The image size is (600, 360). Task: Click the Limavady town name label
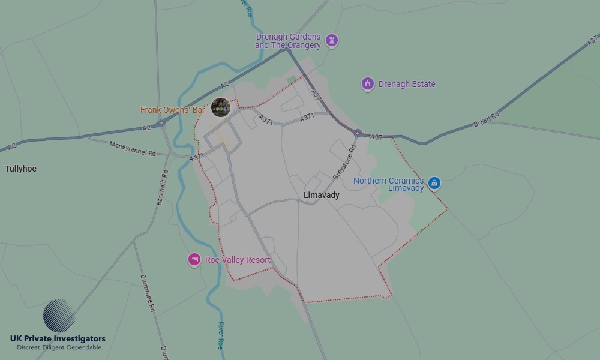point(321,195)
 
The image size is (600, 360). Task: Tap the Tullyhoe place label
point(20,169)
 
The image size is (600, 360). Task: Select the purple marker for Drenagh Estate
point(368,84)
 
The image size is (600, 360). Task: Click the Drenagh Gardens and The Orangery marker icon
point(331,41)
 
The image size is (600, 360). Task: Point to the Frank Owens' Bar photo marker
point(221,107)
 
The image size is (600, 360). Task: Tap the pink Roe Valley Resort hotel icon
point(194,260)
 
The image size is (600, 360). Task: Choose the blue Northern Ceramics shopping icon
point(434,183)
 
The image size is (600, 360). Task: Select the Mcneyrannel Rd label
point(132,149)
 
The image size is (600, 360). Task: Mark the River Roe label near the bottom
point(220,335)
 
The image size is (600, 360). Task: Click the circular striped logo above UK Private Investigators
point(59,316)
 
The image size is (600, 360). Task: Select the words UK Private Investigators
point(58,339)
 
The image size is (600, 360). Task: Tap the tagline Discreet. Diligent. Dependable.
point(59,347)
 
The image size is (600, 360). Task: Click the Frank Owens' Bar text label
point(173,110)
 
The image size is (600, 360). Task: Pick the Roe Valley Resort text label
point(238,260)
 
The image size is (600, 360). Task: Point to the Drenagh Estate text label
point(407,84)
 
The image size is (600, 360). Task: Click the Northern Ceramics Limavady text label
point(388,184)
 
